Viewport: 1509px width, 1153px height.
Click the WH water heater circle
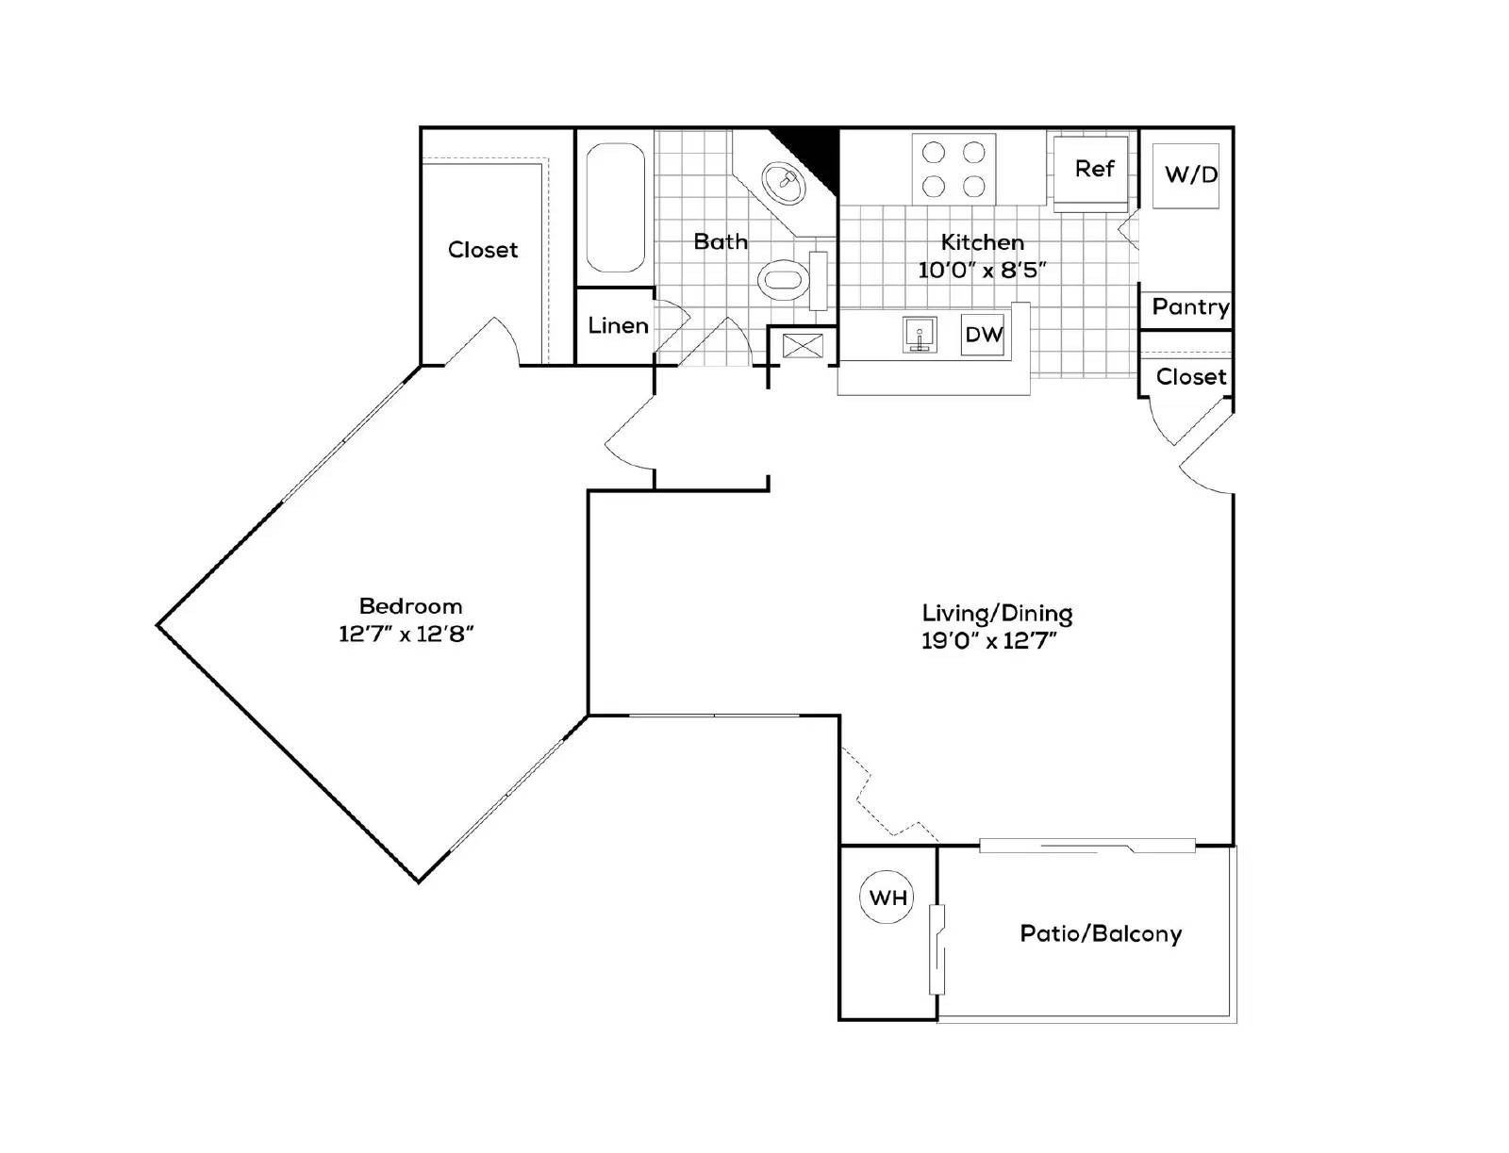[x=887, y=897]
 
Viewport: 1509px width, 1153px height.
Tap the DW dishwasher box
[x=983, y=334]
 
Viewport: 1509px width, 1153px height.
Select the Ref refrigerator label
[x=1094, y=169]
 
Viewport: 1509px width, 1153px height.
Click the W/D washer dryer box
[x=1190, y=174]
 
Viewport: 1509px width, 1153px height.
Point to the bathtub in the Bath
[x=615, y=207]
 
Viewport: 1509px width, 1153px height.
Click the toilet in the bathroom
[x=784, y=279]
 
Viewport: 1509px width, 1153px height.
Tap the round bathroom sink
[x=784, y=183]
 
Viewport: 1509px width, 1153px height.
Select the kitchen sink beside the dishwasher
[x=920, y=335]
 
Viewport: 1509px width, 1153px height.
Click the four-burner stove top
[x=953, y=168]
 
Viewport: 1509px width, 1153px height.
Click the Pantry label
[x=1190, y=306]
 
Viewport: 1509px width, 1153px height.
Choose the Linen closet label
[x=618, y=326]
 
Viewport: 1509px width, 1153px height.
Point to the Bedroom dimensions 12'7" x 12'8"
[x=406, y=634]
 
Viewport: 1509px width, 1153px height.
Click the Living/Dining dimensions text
[x=988, y=641]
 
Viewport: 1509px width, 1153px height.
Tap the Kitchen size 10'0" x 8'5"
[x=983, y=271]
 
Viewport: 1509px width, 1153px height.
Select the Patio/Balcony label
[x=1101, y=933]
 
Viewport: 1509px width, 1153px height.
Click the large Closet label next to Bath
[x=483, y=250]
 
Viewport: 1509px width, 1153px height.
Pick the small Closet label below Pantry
[x=1190, y=376]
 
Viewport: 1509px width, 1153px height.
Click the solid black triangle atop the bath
[x=817, y=151]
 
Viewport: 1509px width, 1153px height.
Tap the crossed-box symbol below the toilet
[x=802, y=345]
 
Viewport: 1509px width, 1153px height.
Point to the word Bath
[x=721, y=241]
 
